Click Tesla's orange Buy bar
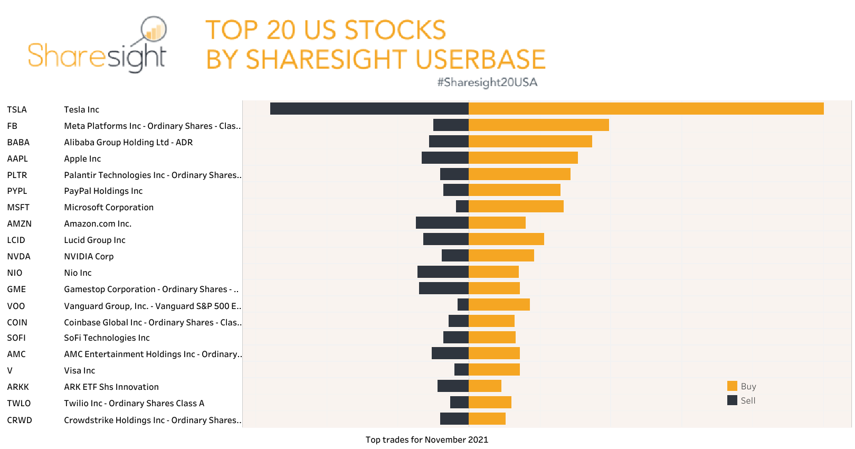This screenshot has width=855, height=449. (x=646, y=109)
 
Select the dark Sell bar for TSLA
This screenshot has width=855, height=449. (x=369, y=109)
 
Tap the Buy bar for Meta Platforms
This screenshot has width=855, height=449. (x=538, y=125)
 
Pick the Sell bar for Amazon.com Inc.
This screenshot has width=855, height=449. (x=442, y=223)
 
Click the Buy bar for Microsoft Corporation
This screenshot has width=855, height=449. (x=516, y=207)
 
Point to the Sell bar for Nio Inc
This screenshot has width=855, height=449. (x=443, y=272)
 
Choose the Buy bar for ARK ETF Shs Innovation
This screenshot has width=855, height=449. (x=485, y=386)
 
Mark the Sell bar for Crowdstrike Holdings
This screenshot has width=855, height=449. (x=454, y=419)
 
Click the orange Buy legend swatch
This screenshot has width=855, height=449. (x=732, y=386)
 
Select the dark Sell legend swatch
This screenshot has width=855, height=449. (x=732, y=400)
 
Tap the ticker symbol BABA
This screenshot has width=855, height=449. (x=18, y=142)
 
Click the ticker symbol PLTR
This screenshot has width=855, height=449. (x=17, y=175)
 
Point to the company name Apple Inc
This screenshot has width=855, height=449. (x=82, y=158)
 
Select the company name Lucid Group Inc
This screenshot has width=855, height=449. (x=94, y=240)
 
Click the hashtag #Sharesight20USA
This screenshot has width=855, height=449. (x=487, y=82)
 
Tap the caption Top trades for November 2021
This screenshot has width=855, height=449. (x=426, y=439)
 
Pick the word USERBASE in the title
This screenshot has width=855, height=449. (x=480, y=59)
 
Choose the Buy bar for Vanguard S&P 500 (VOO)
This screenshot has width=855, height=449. (x=499, y=305)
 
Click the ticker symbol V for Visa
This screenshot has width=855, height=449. (x=10, y=370)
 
